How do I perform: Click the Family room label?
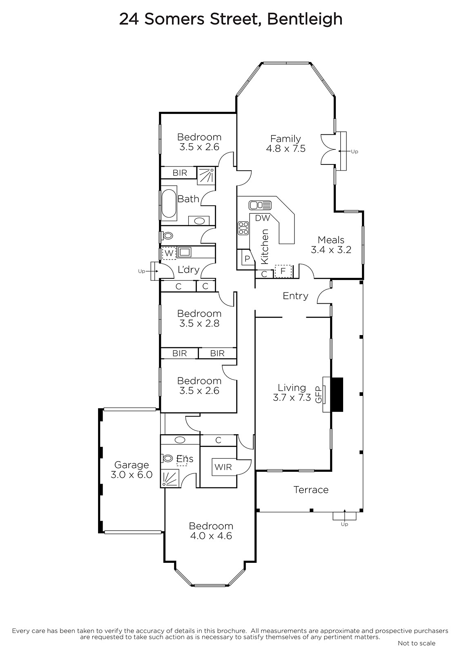tap(286, 138)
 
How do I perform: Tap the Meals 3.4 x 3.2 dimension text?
tap(331, 250)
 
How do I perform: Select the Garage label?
tap(132, 465)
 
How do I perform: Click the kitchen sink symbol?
tap(260, 205)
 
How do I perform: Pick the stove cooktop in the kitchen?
tap(243, 228)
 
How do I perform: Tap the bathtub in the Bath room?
tap(169, 204)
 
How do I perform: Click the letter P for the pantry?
tap(247, 259)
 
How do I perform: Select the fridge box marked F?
tap(283, 271)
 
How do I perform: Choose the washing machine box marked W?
tap(169, 253)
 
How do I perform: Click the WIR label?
tap(223, 467)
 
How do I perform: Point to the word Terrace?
tap(311, 490)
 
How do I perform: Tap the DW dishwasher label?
tap(262, 218)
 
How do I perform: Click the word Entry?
tap(295, 296)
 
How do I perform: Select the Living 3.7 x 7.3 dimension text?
tap(292, 398)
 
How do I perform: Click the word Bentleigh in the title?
tap(305, 19)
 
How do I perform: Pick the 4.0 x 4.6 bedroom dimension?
tap(211, 536)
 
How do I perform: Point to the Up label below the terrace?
tap(344, 524)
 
